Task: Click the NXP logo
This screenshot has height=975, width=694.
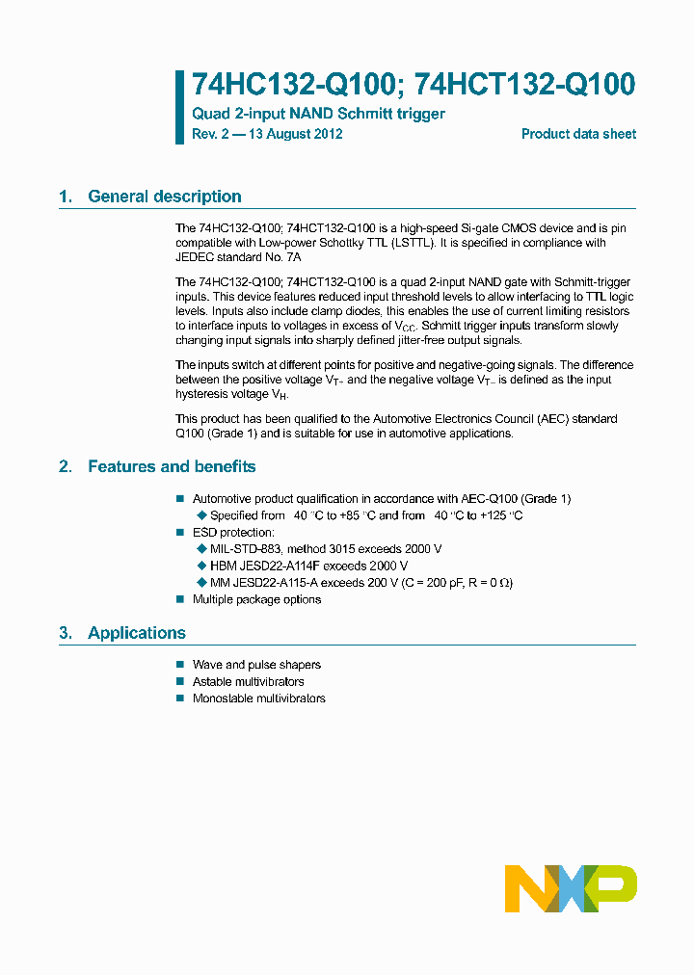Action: click(x=571, y=888)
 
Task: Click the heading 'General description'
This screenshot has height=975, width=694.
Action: click(x=165, y=197)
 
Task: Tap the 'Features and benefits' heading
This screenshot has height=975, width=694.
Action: click(x=172, y=466)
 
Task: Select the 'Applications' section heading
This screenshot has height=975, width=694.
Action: click(x=137, y=633)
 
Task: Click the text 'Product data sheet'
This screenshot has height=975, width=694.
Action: click(x=578, y=134)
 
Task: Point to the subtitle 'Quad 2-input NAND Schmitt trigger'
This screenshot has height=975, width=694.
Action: click(x=318, y=114)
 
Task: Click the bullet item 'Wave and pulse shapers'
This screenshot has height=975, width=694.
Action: click(x=256, y=665)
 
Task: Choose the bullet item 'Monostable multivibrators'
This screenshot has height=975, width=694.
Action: click(x=259, y=698)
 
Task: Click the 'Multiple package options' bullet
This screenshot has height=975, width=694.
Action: click(x=256, y=599)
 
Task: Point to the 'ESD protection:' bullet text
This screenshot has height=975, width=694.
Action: click(x=233, y=532)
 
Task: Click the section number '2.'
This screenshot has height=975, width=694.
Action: click(x=65, y=466)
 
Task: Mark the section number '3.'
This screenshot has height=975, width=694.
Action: click(x=65, y=633)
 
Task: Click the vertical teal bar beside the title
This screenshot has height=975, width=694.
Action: click(x=179, y=107)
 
